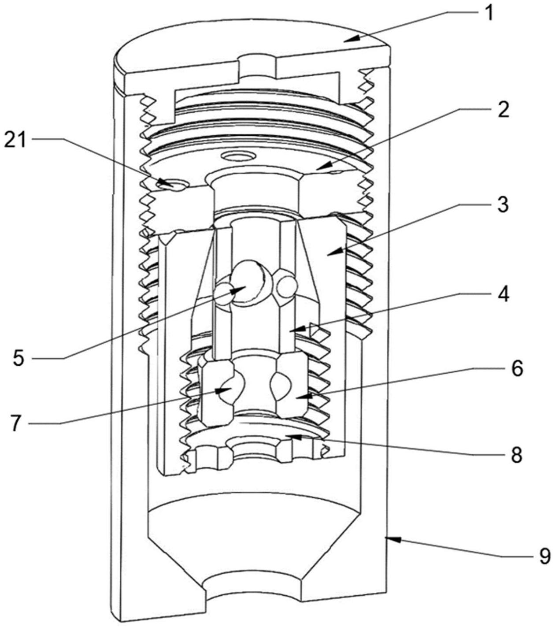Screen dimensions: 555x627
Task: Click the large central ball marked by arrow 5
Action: tap(247, 283)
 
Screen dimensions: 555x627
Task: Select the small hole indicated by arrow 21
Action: tap(173, 186)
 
